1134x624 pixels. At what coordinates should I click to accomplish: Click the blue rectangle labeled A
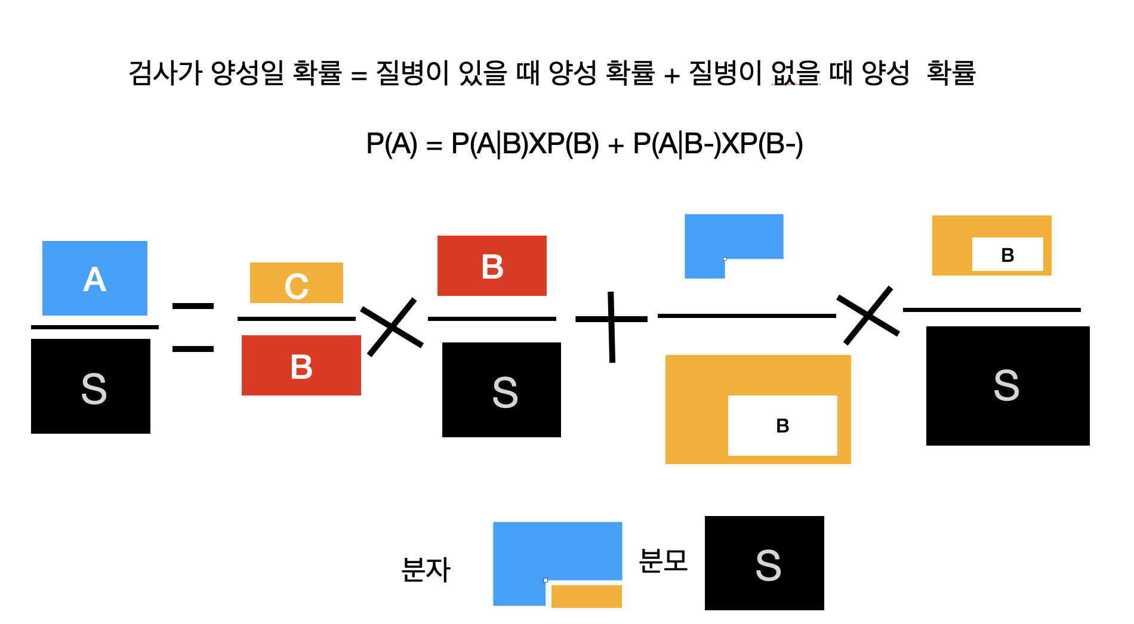pos(95,278)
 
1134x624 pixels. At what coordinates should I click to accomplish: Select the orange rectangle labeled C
pos(297,283)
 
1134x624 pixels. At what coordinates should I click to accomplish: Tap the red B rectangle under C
pos(301,365)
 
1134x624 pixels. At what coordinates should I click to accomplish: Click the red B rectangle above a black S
pos(492,265)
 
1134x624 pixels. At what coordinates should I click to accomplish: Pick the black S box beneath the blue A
pos(91,386)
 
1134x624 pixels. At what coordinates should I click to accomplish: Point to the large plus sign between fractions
pos(612,326)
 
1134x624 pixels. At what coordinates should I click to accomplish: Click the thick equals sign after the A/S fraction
pos(193,328)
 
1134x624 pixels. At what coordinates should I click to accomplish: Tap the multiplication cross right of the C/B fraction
pos(392,327)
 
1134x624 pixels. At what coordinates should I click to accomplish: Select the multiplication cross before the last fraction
pos(868,315)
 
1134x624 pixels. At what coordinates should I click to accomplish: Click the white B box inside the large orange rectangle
pos(782,425)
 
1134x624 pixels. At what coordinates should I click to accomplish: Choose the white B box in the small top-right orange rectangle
pos(1007,254)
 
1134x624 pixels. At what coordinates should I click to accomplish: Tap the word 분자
pos(426,569)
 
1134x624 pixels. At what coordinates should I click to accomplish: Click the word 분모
pos(663,561)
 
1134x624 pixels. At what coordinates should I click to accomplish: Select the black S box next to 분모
pos(765,563)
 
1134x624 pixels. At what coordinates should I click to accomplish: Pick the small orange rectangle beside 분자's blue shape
pos(587,597)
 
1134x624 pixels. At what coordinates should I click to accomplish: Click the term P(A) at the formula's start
pos(392,144)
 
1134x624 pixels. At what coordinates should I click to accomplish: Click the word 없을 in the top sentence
pos(796,73)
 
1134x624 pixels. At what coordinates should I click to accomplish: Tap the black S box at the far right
pos(1008,386)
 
